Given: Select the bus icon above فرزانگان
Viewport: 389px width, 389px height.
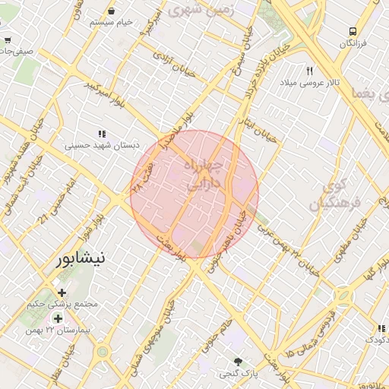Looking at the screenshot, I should point(353,31).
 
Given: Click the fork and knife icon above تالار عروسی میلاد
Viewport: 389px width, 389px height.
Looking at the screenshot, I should point(310,71).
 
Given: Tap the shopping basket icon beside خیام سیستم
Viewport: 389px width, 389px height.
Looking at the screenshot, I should point(112,11).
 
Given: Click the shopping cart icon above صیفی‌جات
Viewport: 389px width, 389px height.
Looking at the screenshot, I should point(8,40).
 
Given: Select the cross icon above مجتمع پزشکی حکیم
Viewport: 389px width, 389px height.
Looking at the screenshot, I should point(62,293).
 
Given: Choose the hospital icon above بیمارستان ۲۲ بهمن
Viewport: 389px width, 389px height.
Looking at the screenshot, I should point(58,318).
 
